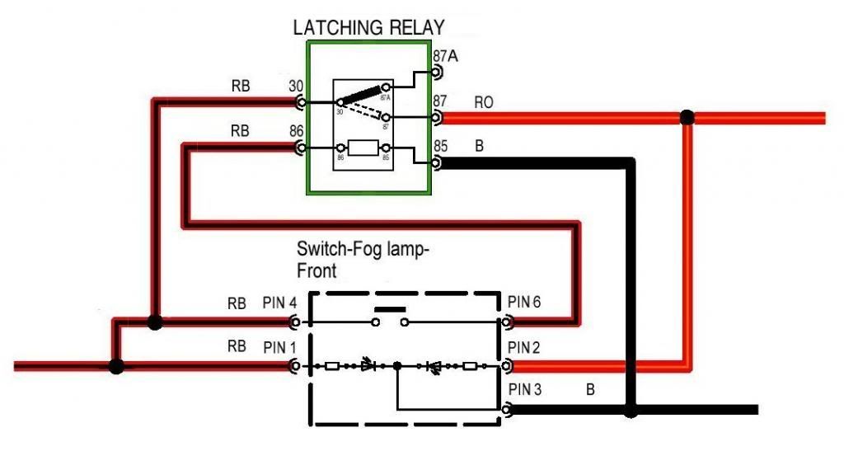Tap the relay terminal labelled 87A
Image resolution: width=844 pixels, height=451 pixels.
point(436,73)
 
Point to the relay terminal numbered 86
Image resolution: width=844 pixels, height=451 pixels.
point(301,148)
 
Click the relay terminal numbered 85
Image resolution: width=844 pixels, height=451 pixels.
point(436,164)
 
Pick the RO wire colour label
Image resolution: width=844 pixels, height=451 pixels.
point(484,102)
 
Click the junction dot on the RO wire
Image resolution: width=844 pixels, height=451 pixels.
point(687,118)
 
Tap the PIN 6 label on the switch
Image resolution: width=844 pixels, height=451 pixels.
point(524,303)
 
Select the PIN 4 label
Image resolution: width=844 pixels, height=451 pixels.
point(279,303)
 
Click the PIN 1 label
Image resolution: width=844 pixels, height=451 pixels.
point(279,345)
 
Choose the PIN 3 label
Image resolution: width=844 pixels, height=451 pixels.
point(524,388)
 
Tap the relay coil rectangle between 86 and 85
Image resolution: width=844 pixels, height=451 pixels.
point(363,149)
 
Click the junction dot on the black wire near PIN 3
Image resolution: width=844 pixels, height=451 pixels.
point(631,410)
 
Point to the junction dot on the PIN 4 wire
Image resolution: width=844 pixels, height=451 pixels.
point(154,322)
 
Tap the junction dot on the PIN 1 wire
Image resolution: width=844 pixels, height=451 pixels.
point(116,365)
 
